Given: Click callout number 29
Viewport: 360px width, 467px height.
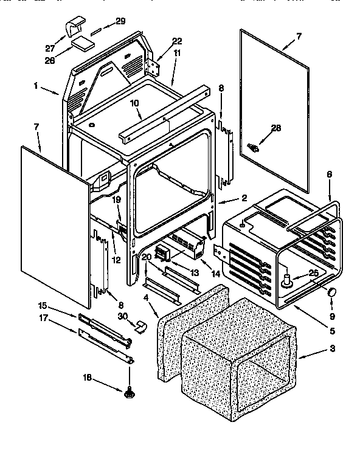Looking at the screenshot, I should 120,21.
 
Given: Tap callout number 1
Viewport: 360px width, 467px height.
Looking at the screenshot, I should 37,86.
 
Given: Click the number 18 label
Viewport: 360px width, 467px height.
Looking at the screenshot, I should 88,378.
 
